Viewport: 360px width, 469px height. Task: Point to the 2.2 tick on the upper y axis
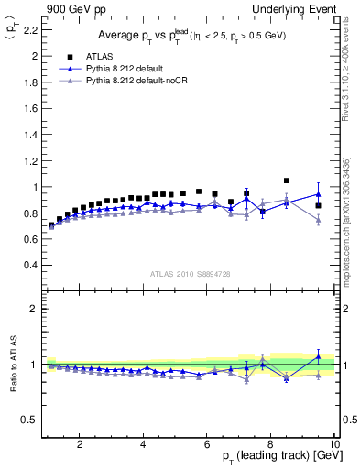click(x=31, y=29)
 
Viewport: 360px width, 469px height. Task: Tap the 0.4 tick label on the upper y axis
click(x=31, y=266)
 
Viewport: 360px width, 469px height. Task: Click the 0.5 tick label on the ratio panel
click(x=31, y=420)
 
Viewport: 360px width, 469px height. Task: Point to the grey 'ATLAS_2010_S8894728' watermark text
click(x=190, y=273)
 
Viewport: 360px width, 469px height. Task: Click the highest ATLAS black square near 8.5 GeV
click(x=287, y=180)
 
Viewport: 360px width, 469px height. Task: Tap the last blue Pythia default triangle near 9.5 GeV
click(x=318, y=194)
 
